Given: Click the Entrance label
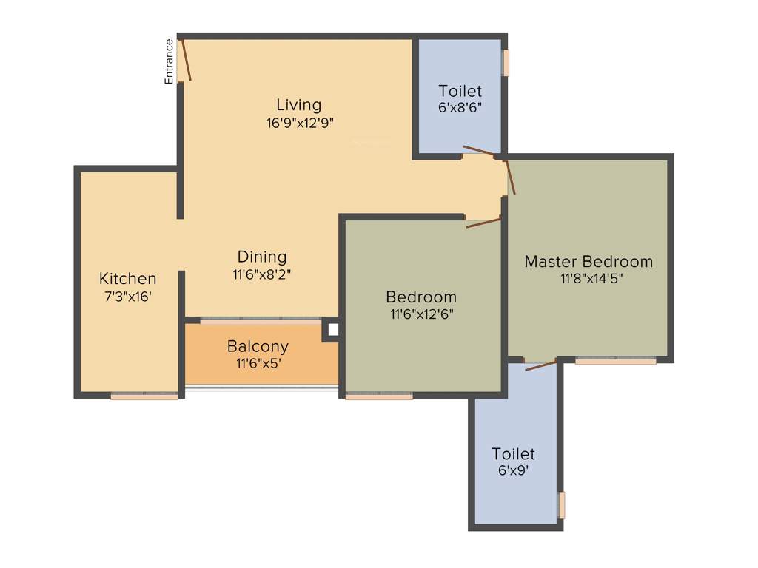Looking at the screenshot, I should coord(169,61).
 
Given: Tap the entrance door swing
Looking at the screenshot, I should coord(186,61).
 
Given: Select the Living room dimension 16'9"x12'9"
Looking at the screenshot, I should coord(300,123).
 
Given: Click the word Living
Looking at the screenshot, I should coord(299,104).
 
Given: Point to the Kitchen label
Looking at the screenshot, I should coord(128,279).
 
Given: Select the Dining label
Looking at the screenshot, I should coord(262,257).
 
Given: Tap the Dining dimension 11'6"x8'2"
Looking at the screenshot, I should coord(262,274).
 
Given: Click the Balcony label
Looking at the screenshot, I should coord(258,346).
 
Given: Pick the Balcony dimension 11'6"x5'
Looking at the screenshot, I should coord(258,363).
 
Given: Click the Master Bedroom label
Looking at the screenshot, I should coord(588,261).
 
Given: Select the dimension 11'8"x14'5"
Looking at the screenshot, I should coord(589,279).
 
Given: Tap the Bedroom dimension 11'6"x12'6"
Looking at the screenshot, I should coord(421,314).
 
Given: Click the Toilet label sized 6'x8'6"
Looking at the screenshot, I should coord(460,91).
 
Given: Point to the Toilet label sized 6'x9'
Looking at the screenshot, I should coord(513,453).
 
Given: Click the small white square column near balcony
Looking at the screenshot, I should coord(332,330).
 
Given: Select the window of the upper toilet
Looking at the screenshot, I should coord(506,63).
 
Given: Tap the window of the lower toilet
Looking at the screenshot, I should coord(562,505).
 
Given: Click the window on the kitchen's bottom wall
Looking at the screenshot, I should coord(144,396).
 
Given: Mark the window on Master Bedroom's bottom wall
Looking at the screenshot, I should coord(615,362).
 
